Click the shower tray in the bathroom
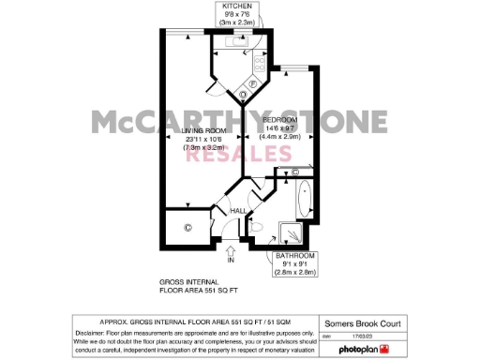292,235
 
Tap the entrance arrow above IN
231,248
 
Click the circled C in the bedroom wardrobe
295,173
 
